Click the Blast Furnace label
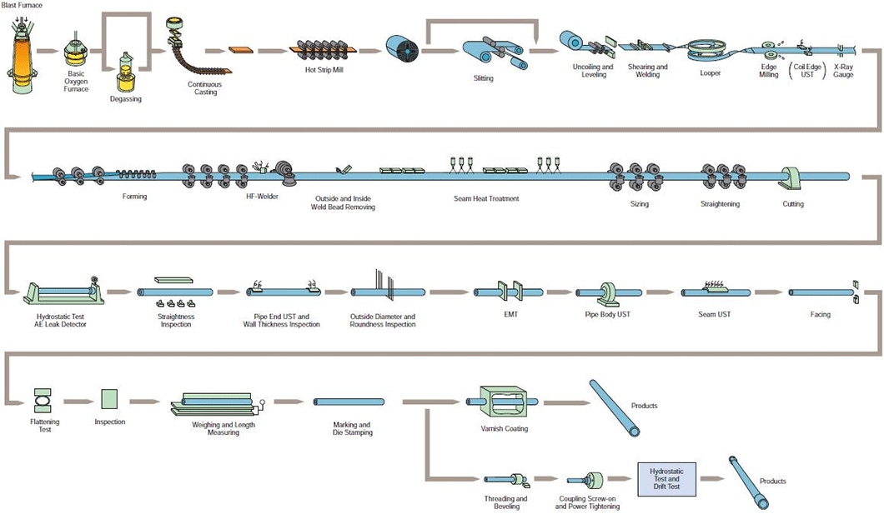[x=22, y=5]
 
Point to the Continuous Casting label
[x=205, y=87]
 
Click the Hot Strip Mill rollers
[x=324, y=50]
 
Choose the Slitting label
[x=483, y=78]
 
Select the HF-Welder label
[x=262, y=197]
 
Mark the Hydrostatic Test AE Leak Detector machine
[x=62, y=291]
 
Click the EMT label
[x=510, y=315]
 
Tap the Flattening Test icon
[x=42, y=399]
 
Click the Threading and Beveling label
[x=506, y=502]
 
